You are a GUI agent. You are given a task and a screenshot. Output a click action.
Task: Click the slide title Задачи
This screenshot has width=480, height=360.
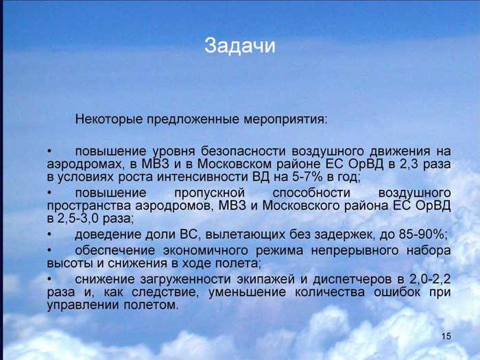tap(240, 46)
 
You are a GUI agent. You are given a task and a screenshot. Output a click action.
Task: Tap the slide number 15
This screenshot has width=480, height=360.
tap(446, 336)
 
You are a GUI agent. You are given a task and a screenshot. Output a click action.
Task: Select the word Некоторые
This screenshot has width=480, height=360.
tap(109, 119)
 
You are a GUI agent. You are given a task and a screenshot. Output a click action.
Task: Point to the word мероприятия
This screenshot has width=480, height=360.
tap(285, 119)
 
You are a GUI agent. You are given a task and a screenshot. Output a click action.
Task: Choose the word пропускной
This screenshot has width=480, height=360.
tap(210, 193)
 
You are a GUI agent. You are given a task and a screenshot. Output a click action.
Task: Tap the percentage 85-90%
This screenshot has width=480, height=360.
tap(423, 235)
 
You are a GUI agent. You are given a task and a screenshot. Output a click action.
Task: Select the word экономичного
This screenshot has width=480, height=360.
tap(206, 251)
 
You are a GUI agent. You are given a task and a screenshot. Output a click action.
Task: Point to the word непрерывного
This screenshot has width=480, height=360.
tap(355, 251)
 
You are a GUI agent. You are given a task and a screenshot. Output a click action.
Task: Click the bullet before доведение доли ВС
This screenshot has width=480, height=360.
tap(49, 235)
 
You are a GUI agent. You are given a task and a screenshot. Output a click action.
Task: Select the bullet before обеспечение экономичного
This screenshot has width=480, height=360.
tap(49, 251)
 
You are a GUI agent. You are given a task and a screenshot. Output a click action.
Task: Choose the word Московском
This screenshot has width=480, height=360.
tap(235, 165)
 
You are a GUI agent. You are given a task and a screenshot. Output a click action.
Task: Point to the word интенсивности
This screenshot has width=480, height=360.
tap(203, 177)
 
